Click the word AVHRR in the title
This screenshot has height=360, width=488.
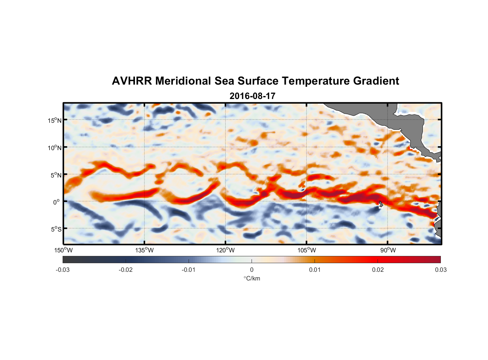(x=132, y=81)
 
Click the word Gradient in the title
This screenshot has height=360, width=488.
(x=376, y=81)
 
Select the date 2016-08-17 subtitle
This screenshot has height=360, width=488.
(x=252, y=96)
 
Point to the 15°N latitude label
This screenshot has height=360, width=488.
(x=55, y=120)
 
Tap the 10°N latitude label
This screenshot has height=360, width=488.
(x=55, y=148)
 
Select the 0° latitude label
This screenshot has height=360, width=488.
(x=57, y=202)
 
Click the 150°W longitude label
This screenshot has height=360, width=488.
(x=63, y=250)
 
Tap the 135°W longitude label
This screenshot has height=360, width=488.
(x=144, y=250)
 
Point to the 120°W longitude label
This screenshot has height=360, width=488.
(x=226, y=250)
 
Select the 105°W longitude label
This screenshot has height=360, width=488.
(x=307, y=250)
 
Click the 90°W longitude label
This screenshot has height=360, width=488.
(x=388, y=250)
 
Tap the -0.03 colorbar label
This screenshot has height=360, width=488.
(x=63, y=270)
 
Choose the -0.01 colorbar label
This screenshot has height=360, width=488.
(x=189, y=270)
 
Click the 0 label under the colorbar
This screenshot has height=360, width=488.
(x=252, y=270)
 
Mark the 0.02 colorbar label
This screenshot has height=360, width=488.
(x=378, y=270)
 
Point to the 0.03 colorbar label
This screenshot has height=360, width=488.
(x=440, y=270)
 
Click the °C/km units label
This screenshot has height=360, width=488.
(x=252, y=278)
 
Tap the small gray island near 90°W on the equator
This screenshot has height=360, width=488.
(x=381, y=204)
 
